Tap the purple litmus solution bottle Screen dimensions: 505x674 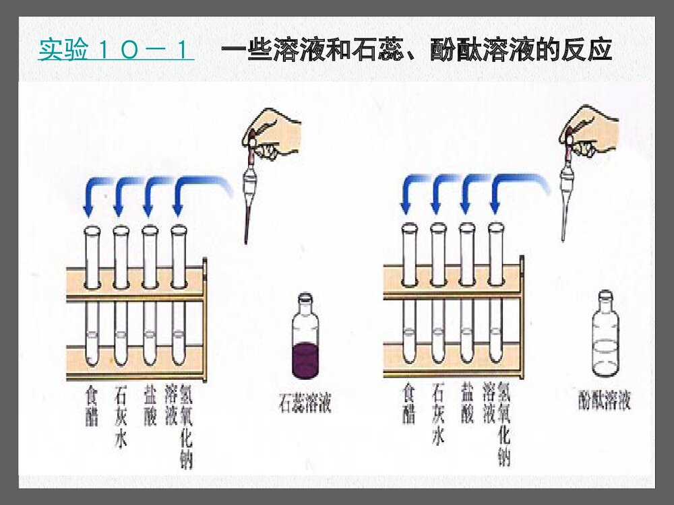click(305, 337)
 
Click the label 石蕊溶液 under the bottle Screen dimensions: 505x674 click(305, 404)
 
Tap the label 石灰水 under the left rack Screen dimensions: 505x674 click(121, 416)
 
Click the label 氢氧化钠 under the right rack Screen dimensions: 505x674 click(503, 425)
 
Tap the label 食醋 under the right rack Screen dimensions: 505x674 click(409, 403)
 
